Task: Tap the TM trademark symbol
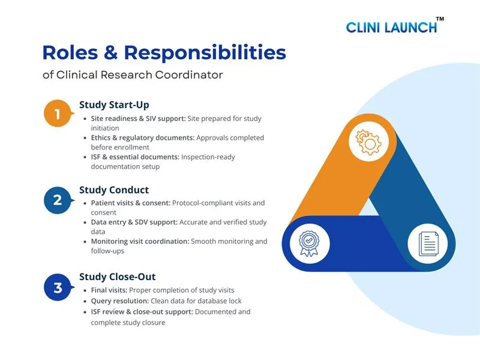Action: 440,19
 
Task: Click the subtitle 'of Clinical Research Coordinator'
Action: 133,75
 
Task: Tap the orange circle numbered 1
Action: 58,114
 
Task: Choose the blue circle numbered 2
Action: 58,200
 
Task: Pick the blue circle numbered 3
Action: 58,287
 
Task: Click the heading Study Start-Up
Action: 114,105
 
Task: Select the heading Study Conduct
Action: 114,191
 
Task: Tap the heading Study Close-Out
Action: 118,277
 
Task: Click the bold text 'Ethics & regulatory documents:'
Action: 143,138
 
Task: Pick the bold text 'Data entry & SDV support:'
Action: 134,223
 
